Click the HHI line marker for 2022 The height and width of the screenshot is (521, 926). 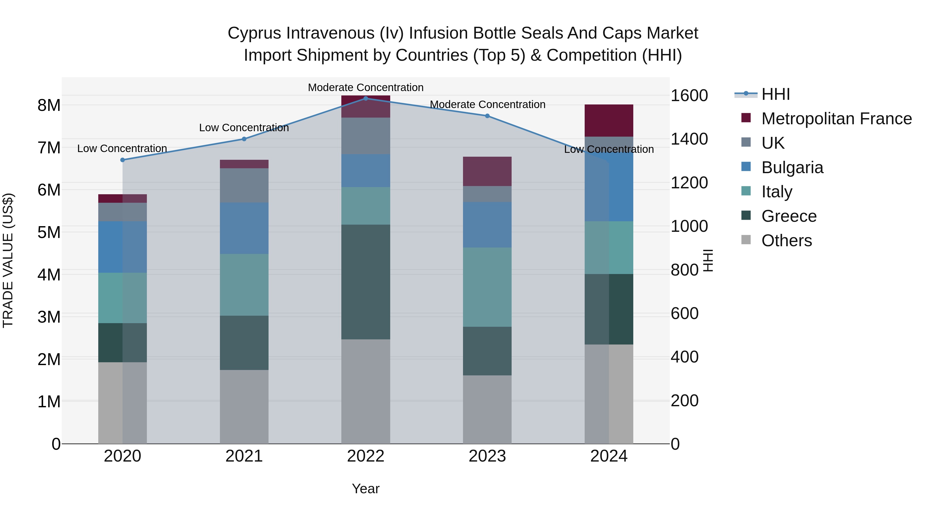(x=366, y=98)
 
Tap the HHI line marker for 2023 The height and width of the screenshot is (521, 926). (x=487, y=116)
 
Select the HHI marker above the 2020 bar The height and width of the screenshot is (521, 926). (x=123, y=160)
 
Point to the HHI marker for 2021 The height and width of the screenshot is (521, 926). (x=244, y=139)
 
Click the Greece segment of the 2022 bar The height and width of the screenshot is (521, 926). (x=366, y=282)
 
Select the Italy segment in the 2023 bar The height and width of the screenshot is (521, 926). (x=487, y=287)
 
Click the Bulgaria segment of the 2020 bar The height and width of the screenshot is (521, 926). (x=123, y=247)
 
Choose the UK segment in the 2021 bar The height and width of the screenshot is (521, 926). (x=244, y=185)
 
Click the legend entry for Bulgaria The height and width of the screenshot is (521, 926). (x=792, y=167)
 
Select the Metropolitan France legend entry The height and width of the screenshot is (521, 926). (x=836, y=119)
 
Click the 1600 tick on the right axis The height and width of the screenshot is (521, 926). (x=689, y=96)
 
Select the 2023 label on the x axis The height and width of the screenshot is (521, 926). (x=487, y=456)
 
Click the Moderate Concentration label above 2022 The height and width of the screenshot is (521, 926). (x=366, y=87)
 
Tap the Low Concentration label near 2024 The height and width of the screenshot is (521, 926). (x=609, y=149)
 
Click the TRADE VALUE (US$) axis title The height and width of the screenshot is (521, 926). (x=8, y=260)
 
